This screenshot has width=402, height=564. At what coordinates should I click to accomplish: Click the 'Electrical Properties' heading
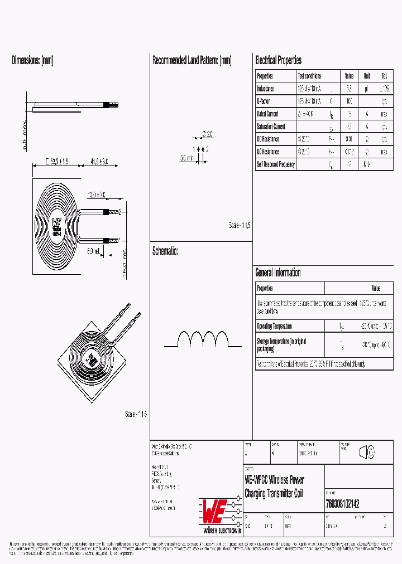click(278, 61)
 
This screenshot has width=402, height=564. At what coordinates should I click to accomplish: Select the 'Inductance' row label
click(266, 89)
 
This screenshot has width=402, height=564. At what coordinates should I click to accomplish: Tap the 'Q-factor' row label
click(264, 101)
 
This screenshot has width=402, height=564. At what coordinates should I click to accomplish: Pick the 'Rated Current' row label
click(267, 114)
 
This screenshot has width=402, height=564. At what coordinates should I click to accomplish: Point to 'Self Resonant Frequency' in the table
click(276, 165)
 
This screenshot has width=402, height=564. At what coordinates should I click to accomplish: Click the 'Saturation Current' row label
click(271, 127)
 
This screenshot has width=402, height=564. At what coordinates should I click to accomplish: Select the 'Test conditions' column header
click(309, 76)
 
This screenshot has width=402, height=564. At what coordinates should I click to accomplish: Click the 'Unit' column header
click(367, 76)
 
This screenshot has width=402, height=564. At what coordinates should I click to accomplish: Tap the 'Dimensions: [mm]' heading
click(32, 61)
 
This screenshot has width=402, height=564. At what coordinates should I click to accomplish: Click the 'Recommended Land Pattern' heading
click(192, 61)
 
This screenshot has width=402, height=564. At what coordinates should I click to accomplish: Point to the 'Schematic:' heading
click(165, 251)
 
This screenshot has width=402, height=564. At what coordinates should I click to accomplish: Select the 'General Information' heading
click(278, 273)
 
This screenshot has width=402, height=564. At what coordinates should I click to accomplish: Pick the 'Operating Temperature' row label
click(274, 326)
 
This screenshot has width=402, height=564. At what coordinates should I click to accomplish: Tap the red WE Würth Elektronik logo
click(221, 510)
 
